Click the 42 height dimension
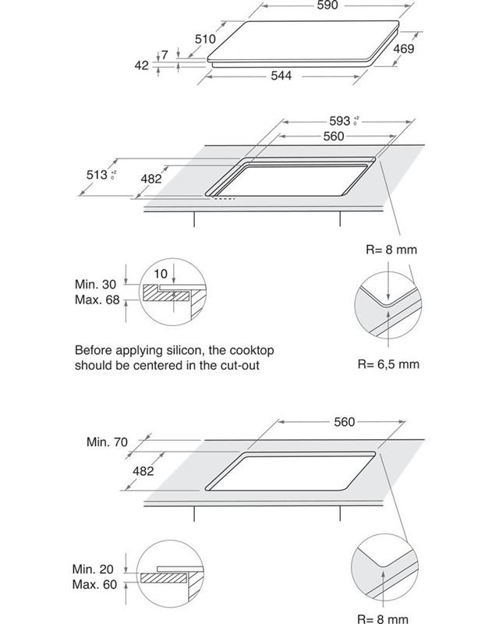point(141,66)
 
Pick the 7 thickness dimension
point(165,55)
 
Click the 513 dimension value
point(97,176)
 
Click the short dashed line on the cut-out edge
point(225,197)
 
